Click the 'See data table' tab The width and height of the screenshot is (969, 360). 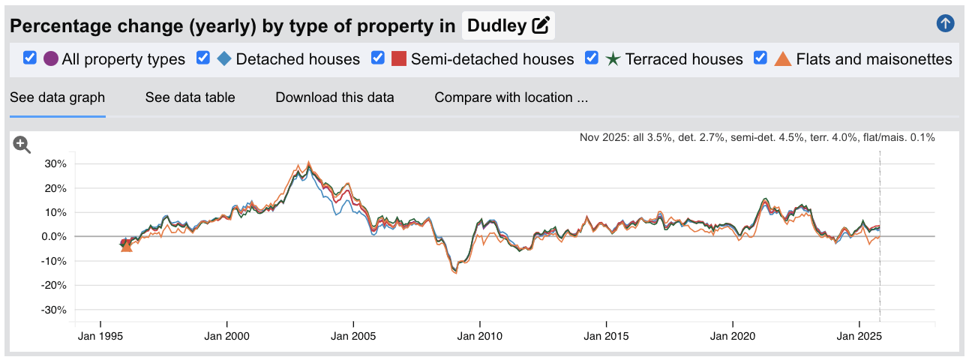pos(190,97)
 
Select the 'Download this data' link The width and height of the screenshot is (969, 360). pos(334,97)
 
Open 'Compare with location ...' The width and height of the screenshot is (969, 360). pos(511,97)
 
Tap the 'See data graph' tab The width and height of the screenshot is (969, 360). pos(57,97)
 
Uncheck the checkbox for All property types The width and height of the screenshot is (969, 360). pos(30,58)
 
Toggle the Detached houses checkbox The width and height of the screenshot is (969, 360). pos(202,58)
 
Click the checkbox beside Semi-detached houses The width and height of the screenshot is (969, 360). pos(378,58)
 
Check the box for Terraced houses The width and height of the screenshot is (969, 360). pos(592,58)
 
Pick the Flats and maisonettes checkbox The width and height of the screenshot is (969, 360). pos(760,58)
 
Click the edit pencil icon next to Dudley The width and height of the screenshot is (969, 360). pos(540,26)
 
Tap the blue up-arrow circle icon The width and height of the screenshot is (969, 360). pos(945,23)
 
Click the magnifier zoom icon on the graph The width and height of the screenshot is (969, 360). pos(22,145)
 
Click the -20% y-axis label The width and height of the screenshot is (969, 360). pos(55,286)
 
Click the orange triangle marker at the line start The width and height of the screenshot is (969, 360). pos(126,245)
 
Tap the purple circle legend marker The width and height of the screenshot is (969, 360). pos(51,58)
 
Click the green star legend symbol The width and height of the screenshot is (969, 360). pos(613,58)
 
